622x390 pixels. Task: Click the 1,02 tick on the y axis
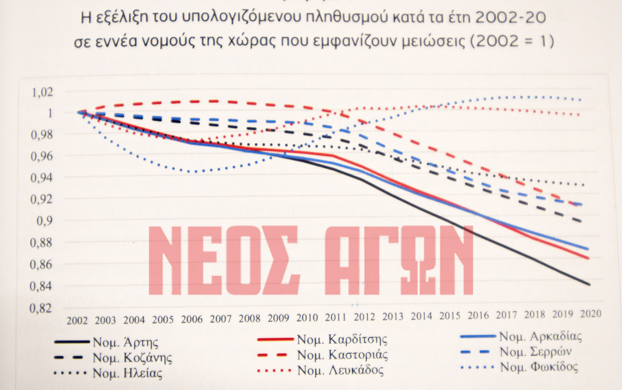coord(42,92)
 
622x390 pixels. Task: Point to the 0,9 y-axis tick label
coord(44,220)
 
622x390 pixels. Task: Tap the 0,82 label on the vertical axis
coord(41,308)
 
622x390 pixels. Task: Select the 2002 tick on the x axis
coord(77,320)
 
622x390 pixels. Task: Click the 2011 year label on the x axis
coord(336,317)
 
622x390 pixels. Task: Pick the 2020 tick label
coord(591,314)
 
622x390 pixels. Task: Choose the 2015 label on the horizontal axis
coord(450,316)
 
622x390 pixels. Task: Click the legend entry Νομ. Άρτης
coord(126,342)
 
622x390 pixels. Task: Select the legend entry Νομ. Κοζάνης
coord(132,358)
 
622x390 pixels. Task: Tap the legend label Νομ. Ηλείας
coord(127,373)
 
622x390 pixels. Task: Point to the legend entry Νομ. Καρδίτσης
coord(342,339)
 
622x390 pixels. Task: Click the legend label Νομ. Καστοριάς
coord(342,355)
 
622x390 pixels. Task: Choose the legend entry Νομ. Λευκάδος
coord(340,370)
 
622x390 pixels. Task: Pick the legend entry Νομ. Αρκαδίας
coord(540,337)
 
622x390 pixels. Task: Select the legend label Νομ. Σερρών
coord(535,352)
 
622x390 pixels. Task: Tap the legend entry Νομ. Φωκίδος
coord(539,367)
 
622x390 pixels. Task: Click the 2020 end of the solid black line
coord(589,284)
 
